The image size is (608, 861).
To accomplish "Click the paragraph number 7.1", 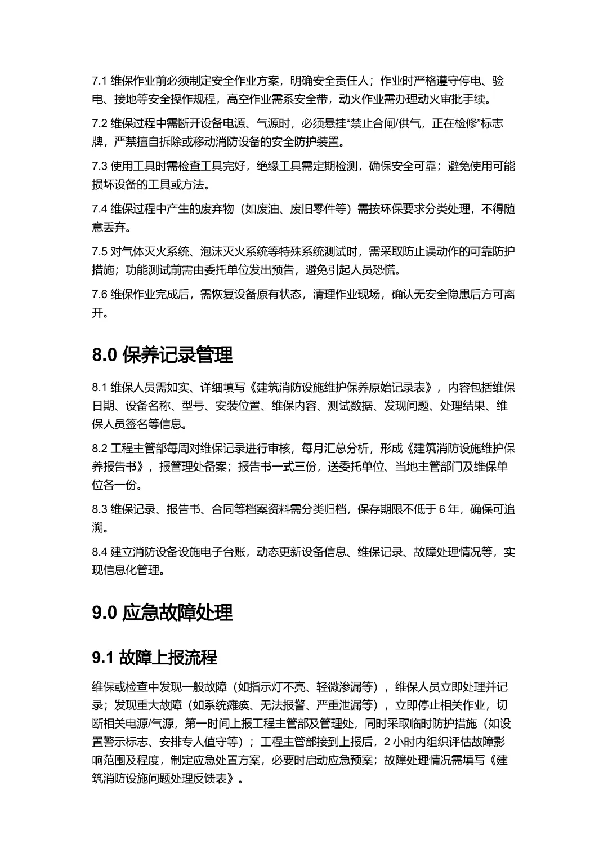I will (x=99, y=81).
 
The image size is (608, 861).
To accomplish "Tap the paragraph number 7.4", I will (x=100, y=209).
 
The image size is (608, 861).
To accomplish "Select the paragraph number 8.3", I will (x=100, y=509).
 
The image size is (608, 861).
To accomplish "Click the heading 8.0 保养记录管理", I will (x=162, y=356).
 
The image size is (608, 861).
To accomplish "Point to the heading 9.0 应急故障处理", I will (x=162, y=613).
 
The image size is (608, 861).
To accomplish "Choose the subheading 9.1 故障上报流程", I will (x=154, y=657).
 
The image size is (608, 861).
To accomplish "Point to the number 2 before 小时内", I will (x=387, y=742).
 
